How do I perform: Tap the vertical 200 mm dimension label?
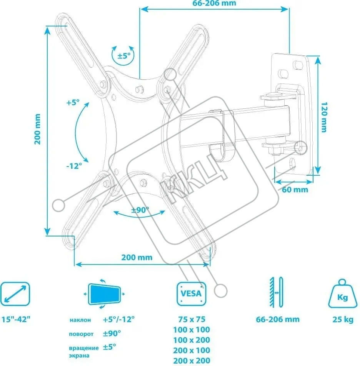coord(37,129)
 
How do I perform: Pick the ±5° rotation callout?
coord(123,55)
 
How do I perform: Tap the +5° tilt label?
coord(72,103)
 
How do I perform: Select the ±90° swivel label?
coord(140,210)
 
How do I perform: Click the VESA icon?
coord(192,294)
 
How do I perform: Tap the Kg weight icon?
coord(342,294)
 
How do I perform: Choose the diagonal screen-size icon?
coord(15,294)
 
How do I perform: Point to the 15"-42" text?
coord(16,319)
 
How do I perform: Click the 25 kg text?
coord(343,319)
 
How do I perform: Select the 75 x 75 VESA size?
coord(192,319)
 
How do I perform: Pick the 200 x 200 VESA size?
coord(192,360)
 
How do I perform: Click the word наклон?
coord(80,319)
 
